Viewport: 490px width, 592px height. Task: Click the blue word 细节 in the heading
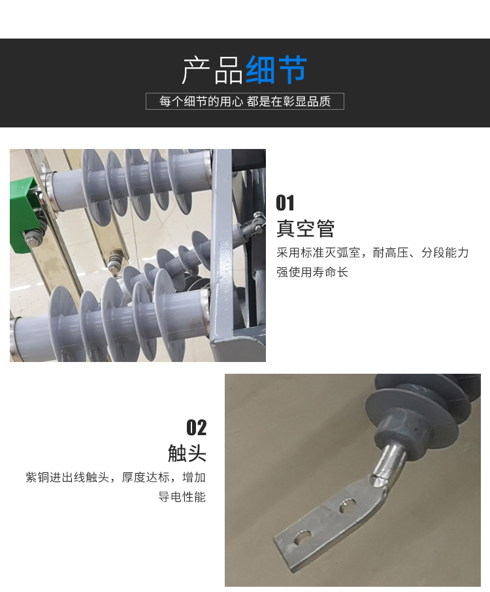[277, 70]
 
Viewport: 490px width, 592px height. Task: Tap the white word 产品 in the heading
[212, 70]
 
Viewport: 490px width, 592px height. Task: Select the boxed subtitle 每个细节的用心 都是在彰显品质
[245, 101]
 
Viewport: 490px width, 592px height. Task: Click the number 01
[285, 203]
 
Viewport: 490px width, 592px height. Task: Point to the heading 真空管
[305, 228]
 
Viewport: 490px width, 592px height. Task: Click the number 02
[196, 428]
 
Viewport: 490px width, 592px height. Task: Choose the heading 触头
[187, 453]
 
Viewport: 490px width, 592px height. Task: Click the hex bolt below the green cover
[34, 238]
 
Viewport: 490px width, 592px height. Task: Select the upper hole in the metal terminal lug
[348, 505]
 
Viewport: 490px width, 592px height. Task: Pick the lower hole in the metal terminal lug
[302, 538]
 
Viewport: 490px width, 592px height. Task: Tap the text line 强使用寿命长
[312, 272]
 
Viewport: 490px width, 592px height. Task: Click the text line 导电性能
[182, 497]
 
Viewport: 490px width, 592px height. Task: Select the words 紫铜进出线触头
[67, 477]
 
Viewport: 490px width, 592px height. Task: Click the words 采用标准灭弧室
[318, 253]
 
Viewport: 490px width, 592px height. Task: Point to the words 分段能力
[445, 253]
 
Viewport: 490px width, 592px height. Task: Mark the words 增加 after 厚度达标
[194, 477]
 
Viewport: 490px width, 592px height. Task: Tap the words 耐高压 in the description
[391, 253]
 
